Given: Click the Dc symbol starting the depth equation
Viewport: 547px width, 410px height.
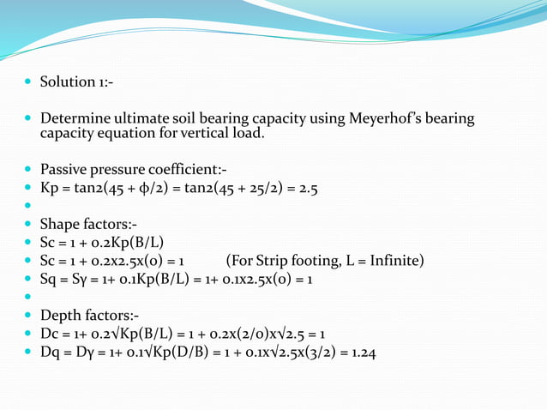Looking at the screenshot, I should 50,334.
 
